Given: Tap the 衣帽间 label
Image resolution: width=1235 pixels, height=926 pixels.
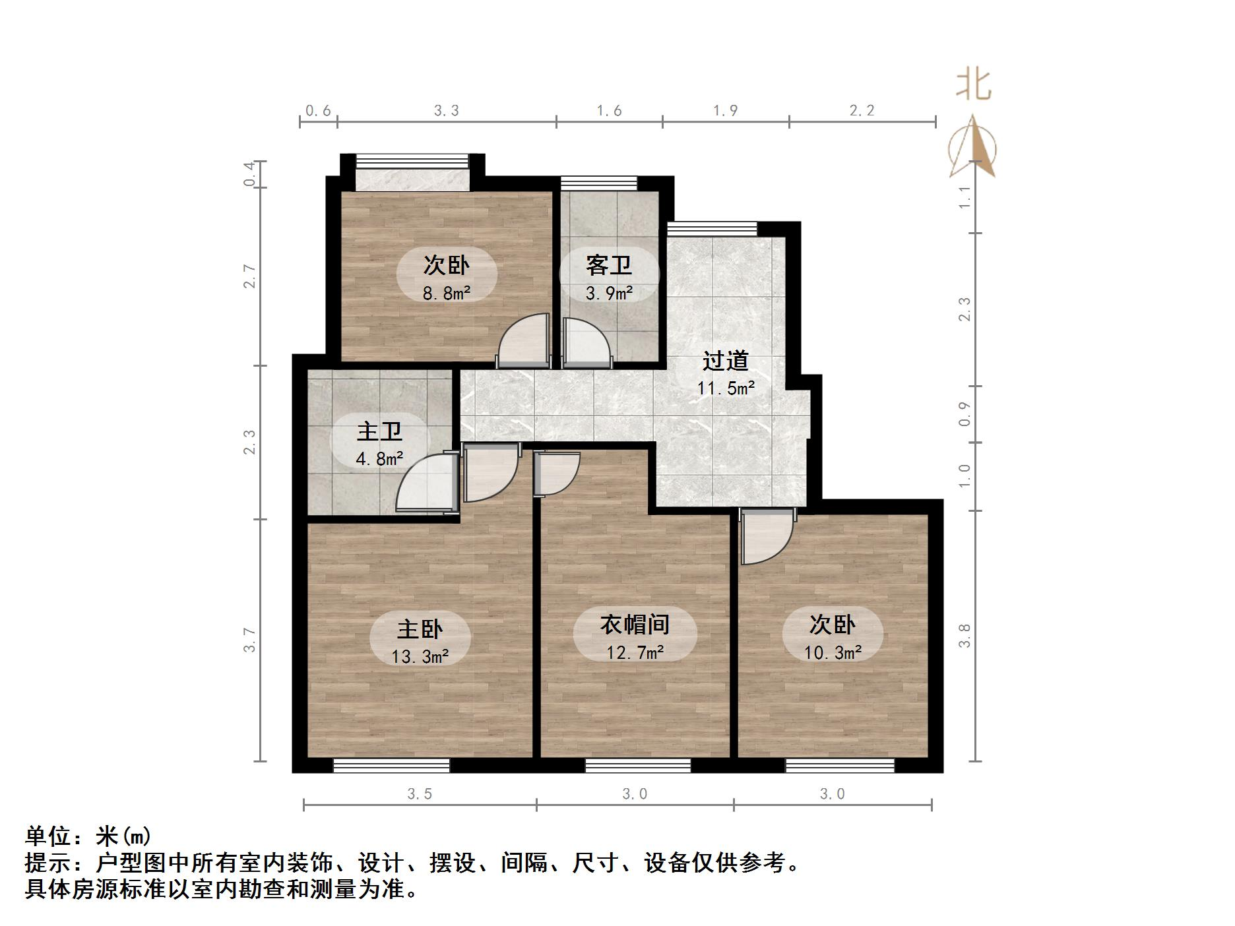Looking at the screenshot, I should click(x=635, y=624).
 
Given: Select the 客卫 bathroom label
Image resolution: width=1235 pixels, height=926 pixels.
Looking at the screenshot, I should click(x=609, y=265).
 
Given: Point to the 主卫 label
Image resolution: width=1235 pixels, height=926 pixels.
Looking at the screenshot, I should click(x=379, y=431).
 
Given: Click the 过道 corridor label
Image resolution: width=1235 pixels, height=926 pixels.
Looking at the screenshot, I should click(x=726, y=361).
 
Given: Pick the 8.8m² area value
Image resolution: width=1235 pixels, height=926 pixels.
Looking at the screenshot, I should click(x=447, y=293).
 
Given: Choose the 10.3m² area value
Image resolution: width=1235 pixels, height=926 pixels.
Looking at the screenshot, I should click(x=833, y=652).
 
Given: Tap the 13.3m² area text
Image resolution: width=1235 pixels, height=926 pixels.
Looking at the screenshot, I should click(x=420, y=656).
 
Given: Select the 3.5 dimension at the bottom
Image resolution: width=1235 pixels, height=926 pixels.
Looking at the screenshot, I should click(x=420, y=794).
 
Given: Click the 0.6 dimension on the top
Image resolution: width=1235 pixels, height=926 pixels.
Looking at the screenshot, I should click(x=318, y=111).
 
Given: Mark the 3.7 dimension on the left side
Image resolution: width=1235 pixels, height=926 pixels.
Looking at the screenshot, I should click(x=249, y=639).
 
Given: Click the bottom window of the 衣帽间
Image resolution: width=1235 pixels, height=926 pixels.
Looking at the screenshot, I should click(x=637, y=765).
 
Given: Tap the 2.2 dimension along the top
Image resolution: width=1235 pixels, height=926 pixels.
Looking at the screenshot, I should click(x=862, y=111).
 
